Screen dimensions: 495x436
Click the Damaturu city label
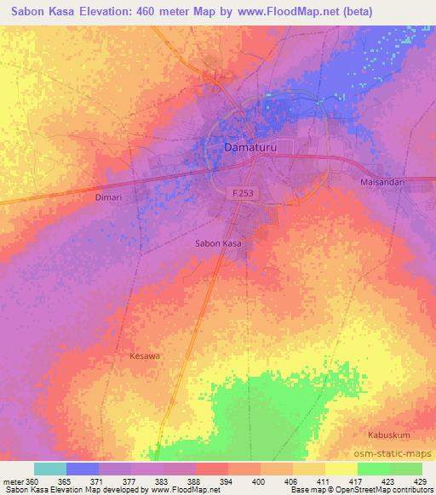(x=251, y=147)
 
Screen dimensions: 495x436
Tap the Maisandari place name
(x=381, y=183)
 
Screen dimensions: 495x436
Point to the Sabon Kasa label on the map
(x=219, y=243)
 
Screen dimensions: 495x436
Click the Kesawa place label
(x=144, y=356)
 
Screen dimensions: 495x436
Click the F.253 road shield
(x=244, y=195)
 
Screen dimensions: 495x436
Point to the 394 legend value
(x=227, y=481)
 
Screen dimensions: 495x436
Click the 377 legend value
(x=130, y=481)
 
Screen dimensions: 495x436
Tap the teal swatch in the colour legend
(x=49, y=469)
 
